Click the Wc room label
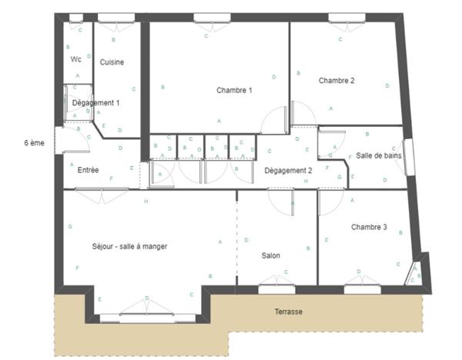[x=75, y=59]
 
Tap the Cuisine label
[x=112, y=62]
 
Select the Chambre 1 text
[x=235, y=90]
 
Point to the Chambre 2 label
[x=336, y=80]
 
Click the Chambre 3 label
[x=369, y=227]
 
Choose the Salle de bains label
[x=378, y=155]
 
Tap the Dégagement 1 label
[x=95, y=102]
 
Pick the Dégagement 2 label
[x=288, y=170]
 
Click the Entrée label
[x=88, y=170]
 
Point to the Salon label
[x=270, y=256]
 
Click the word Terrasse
[x=289, y=312]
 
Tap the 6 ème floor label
[x=35, y=143]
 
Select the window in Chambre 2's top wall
[x=343, y=18]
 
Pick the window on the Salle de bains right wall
[x=409, y=157]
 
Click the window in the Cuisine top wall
[x=115, y=18]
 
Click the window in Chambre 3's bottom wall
[x=362, y=289]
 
